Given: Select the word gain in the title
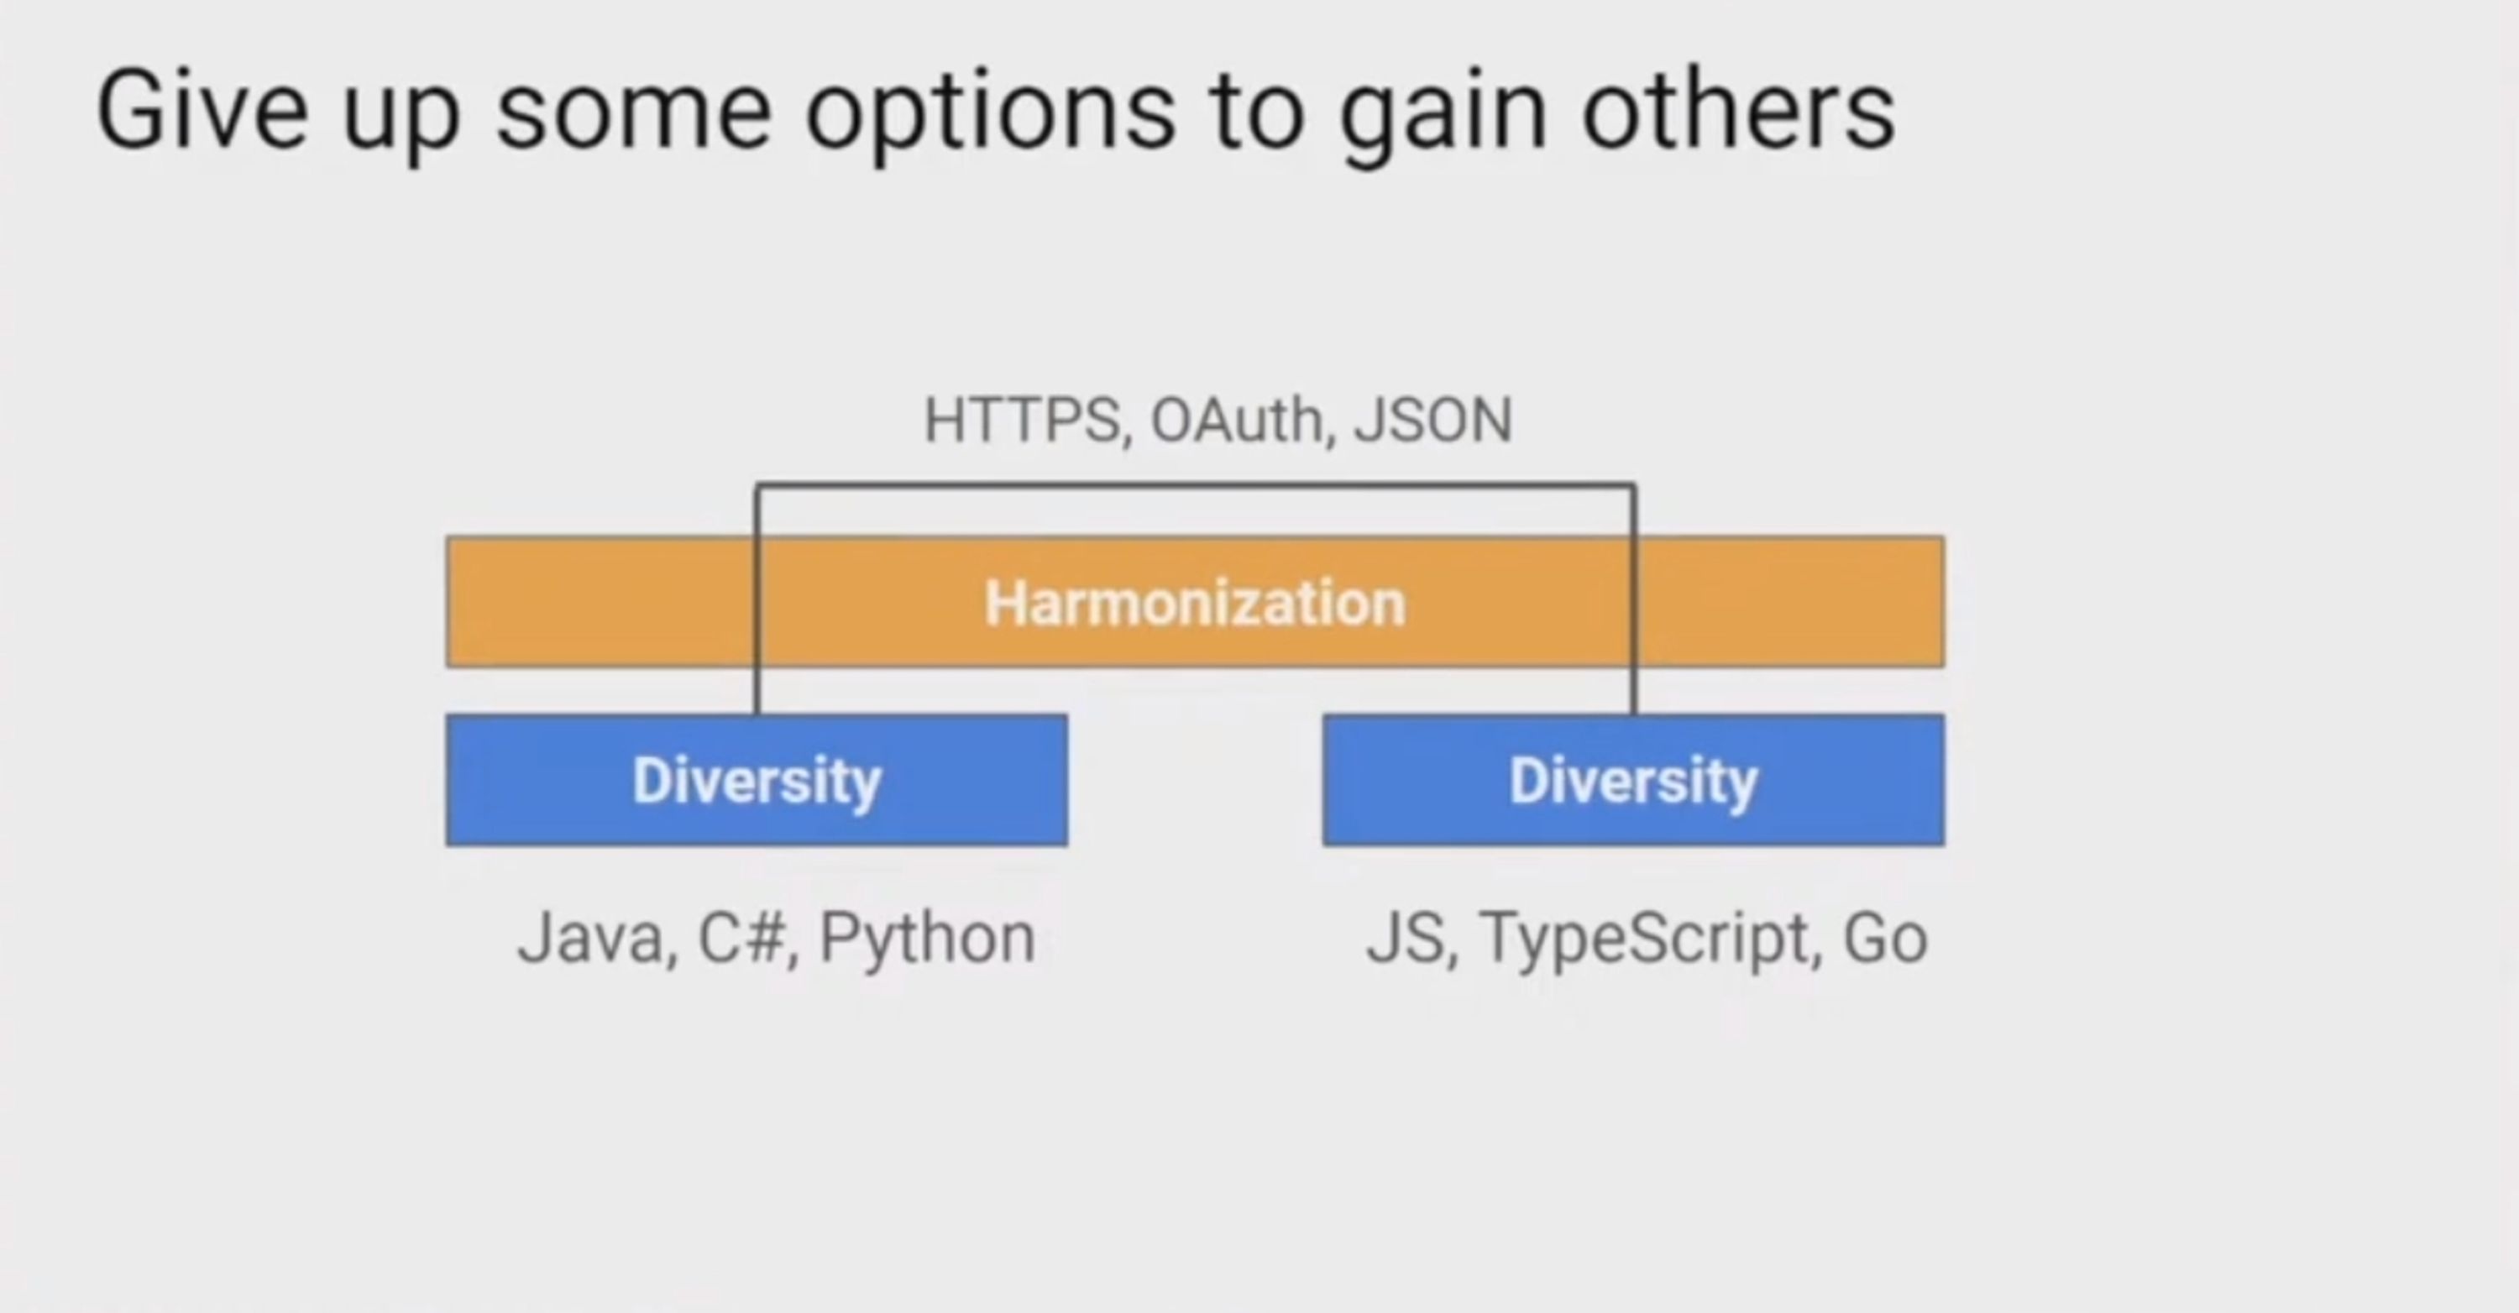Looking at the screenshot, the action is coord(1443,118).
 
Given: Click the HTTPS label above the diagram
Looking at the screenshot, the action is coord(1023,421).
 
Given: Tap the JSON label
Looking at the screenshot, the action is coord(1433,421).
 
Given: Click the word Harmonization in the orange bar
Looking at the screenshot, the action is coord(1195,602).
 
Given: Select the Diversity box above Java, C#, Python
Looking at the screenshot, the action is coord(757,780).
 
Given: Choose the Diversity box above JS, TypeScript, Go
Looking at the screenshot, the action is coord(1633,780).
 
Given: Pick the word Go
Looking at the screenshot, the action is coord(1885,939).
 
